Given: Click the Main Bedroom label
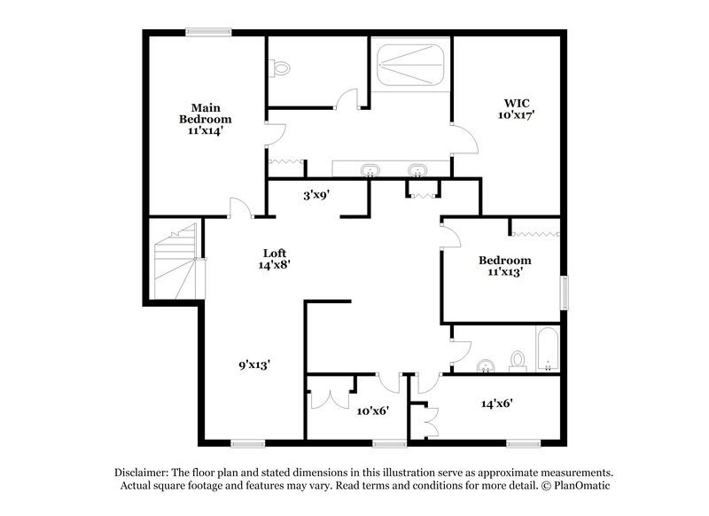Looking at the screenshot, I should [x=205, y=119].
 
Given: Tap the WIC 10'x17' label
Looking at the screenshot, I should [x=516, y=108].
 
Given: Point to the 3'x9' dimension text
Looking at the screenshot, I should [x=316, y=195].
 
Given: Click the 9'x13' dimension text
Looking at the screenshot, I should [x=253, y=364].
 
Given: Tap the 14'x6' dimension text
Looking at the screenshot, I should [x=497, y=403].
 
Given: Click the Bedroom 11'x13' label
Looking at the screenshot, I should [x=504, y=266].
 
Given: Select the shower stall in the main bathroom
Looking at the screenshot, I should [x=409, y=62].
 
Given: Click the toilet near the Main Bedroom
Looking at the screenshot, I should [x=281, y=67].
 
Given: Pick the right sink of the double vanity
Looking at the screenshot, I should [x=416, y=170].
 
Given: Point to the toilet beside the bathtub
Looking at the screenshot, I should [x=518, y=359].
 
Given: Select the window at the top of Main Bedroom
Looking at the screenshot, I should [x=208, y=34].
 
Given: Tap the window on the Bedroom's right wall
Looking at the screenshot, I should [x=564, y=293].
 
